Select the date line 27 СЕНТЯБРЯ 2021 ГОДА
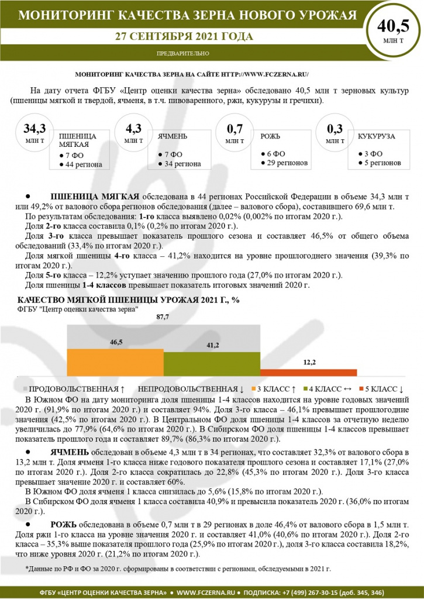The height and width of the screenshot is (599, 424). pyautogui.click(x=184, y=37)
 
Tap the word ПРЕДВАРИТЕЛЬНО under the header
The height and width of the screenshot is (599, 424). pyautogui.click(x=183, y=53)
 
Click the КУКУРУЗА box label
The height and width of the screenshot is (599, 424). pyautogui.click(x=375, y=136)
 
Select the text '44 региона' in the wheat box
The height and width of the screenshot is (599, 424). pyautogui.click(x=84, y=164)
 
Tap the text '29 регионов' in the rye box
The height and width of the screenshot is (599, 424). pyautogui.click(x=288, y=162)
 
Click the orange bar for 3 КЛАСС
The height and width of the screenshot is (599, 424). pyautogui.click(x=101, y=363)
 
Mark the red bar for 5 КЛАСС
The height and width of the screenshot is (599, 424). pyautogui.click(x=308, y=373)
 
